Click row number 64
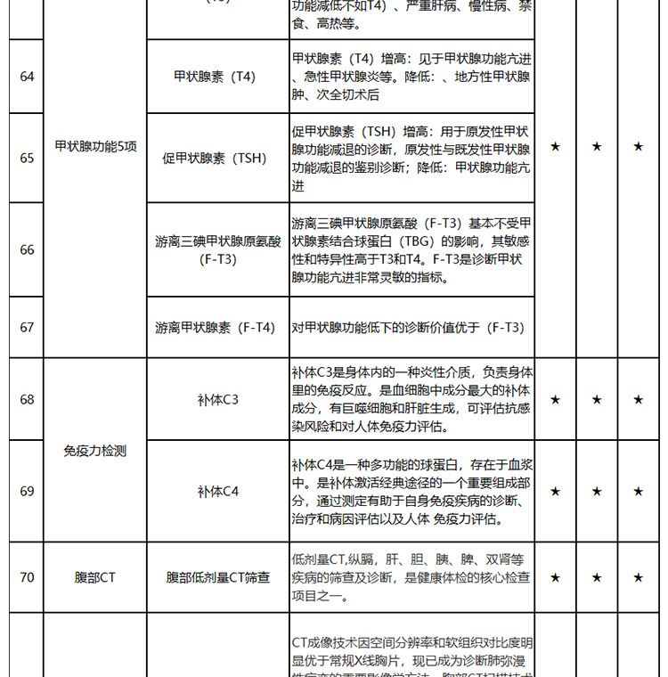point(27,77)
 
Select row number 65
point(27,158)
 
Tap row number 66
point(27,249)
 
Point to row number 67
point(27,327)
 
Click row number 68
point(27,399)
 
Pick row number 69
point(27,491)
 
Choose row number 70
point(27,577)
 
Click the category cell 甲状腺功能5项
point(95,146)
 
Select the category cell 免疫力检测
point(95,451)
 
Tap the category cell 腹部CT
point(95,577)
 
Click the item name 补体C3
point(218,399)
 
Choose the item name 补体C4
point(218,491)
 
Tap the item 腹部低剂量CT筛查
point(218,577)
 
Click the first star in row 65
point(555,146)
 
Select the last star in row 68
point(638,400)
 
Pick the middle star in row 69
point(597,491)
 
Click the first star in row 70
point(555,577)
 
